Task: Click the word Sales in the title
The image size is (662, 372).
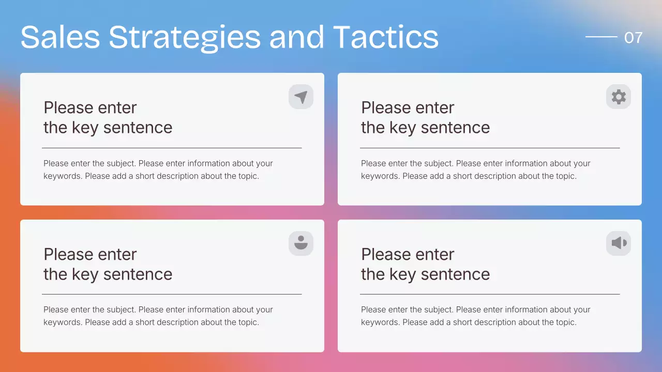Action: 60,37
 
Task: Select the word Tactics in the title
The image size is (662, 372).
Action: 385,37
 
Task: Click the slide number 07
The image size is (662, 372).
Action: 633,38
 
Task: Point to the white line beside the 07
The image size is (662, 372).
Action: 601,37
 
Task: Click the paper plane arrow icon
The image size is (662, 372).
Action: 301,97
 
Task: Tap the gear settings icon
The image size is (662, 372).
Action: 619,97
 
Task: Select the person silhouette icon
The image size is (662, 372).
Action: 301,243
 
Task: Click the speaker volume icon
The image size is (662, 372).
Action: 619,243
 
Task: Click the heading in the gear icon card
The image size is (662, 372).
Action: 425,118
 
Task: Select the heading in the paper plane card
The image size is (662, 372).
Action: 108,118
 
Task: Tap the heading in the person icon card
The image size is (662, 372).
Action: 108,264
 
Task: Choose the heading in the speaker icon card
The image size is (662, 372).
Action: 425,264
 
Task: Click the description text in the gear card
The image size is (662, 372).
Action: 475,169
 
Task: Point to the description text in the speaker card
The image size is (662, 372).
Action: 475,316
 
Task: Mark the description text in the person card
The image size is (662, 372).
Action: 158,316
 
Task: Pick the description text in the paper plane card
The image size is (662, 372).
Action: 158,169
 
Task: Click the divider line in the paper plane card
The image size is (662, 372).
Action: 172,148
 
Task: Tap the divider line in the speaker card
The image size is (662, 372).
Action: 489,295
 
